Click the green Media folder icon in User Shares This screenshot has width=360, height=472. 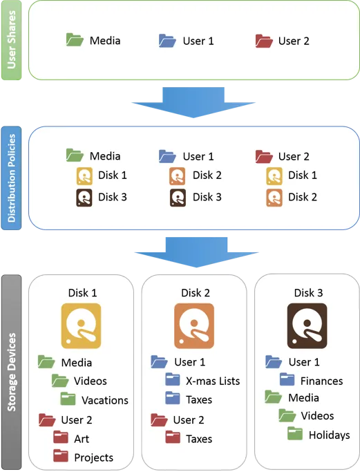tap(75, 40)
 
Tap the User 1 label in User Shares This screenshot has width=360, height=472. tap(198, 41)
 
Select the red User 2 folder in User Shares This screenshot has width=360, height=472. tap(264, 41)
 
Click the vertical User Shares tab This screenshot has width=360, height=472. tap(12, 40)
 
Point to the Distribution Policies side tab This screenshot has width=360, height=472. tap(12, 178)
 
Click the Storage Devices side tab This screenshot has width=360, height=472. tap(12, 372)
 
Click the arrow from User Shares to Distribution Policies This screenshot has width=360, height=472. tap(193, 102)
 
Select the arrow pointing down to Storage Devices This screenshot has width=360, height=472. tap(196, 252)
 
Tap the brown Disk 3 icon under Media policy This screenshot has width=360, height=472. tap(84, 198)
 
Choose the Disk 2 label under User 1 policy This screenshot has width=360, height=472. tap(207, 176)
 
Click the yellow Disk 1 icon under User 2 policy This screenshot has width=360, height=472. tap(274, 176)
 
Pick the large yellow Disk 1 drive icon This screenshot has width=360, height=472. tap(81, 326)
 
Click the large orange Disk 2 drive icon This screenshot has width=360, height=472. tap(194, 326)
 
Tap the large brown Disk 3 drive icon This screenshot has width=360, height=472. tap(307, 326)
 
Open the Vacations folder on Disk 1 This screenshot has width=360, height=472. tap(68, 399)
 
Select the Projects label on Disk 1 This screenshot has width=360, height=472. tap(93, 457)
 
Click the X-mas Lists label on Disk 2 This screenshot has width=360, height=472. tap(213, 381)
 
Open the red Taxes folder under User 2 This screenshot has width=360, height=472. tap(173, 437)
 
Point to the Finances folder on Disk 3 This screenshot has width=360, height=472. tap(287, 379)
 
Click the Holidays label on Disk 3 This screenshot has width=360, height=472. tap(330, 435)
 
